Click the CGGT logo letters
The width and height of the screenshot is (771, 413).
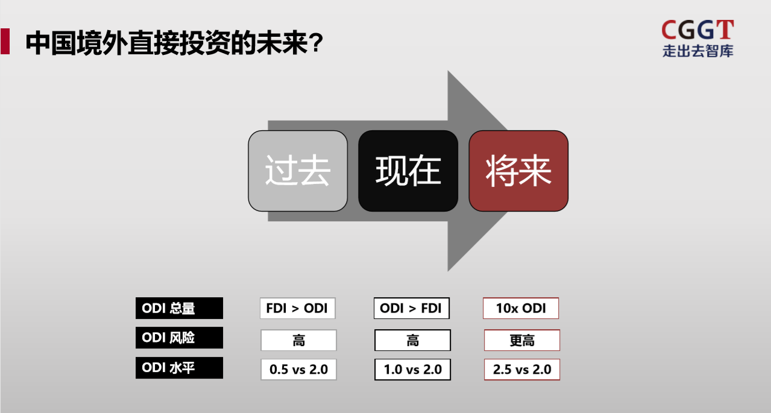click(x=697, y=30)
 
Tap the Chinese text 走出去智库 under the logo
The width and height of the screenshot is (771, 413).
click(x=698, y=51)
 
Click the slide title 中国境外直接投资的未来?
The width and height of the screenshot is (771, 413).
click(x=174, y=43)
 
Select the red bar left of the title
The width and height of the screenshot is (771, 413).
click(x=5, y=41)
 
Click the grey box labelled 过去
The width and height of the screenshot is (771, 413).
click(x=298, y=171)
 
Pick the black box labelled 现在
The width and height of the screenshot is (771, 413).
click(x=408, y=171)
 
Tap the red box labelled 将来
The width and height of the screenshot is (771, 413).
click(x=518, y=171)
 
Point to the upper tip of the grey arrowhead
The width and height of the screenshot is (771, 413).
click(x=448, y=71)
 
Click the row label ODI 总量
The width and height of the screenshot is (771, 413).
click(x=179, y=308)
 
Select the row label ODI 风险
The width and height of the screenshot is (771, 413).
click(x=179, y=338)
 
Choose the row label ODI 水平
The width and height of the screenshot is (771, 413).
click(x=179, y=368)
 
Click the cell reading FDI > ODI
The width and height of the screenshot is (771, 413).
click(x=298, y=308)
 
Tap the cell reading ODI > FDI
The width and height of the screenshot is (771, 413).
click(x=412, y=308)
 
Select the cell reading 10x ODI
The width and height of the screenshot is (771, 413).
click(x=521, y=308)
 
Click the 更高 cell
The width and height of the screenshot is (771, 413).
click(x=522, y=340)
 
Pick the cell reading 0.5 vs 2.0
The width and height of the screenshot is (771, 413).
click(x=298, y=370)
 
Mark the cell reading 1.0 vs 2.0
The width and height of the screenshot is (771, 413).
click(x=413, y=370)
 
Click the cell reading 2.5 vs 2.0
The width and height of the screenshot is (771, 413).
click(x=522, y=370)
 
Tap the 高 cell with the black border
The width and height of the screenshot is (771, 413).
click(x=413, y=340)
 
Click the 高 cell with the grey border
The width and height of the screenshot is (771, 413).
click(x=298, y=340)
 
